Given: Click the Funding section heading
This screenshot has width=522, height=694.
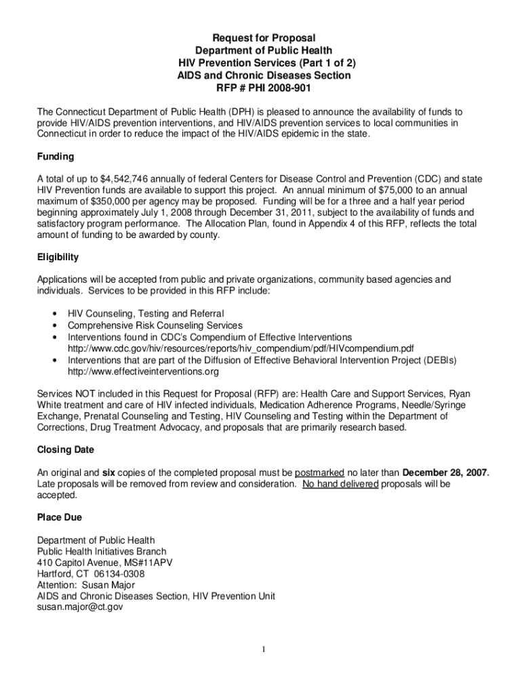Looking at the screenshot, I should pyautogui.click(x=56, y=157).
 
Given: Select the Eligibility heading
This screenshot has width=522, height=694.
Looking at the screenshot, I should pyautogui.click(x=58, y=257).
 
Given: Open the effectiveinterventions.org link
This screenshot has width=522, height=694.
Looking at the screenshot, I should pyautogui.click(x=143, y=371).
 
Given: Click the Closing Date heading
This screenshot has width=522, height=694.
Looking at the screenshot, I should pyautogui.click(x=66, y=449).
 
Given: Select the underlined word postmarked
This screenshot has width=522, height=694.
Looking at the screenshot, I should pyautogui.click(x=320, y=472).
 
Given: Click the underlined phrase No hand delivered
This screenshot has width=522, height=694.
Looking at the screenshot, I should pyautogui.click(x=340, y=484).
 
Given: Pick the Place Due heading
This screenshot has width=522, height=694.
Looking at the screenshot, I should pyautogui.click(x=60, y=517).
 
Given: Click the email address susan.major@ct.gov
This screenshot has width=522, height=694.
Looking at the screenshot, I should pyautogui.click(x=80, y=608).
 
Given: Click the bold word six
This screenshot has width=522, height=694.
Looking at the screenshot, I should pyautogui.click(x=109, y=472).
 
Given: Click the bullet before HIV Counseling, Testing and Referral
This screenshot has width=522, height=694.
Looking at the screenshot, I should pyautogui.click(x=54, y=314).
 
